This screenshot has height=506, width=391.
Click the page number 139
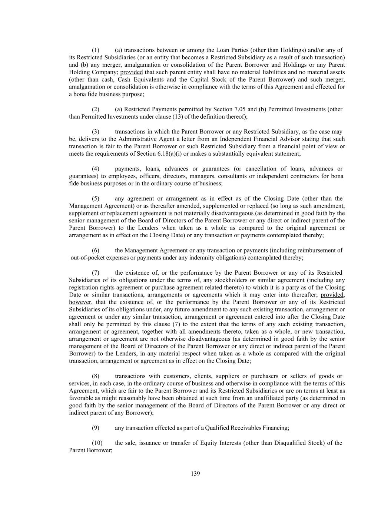click(x=195, y=473)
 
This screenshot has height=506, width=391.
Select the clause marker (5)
click(x=96, y=198)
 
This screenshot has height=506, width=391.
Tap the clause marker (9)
click(x=96, y=428)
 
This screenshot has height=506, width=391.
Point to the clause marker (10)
click(x=97, y=443)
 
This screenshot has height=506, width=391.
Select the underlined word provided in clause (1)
click(x=132, y=72)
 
